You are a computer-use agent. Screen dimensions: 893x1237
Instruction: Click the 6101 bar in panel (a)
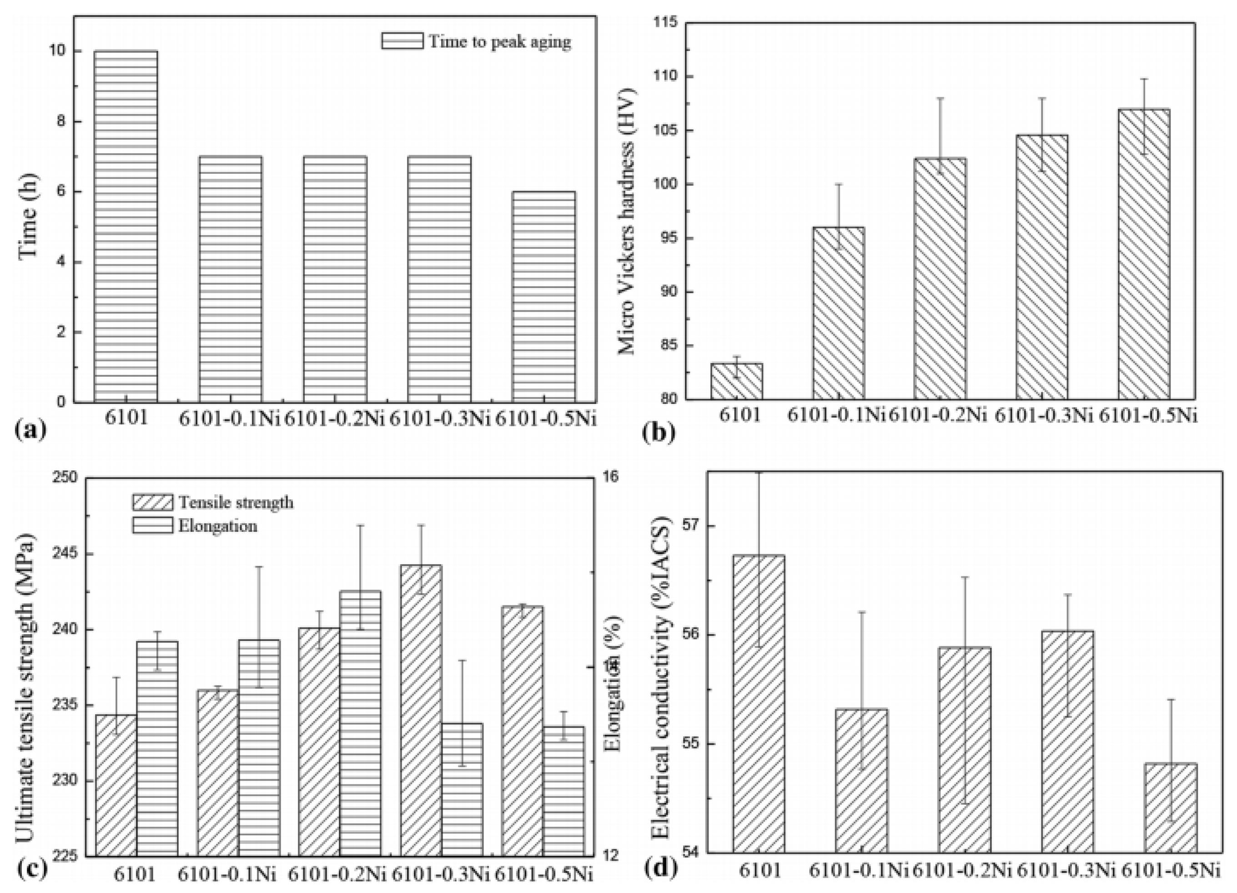pyautogui.click(x=126, y=227)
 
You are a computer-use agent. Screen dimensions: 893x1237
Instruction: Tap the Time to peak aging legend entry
pyautogui.click(x=476, y=42)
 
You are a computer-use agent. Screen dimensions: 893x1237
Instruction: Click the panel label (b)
pyautogui.click(x=659, y=432)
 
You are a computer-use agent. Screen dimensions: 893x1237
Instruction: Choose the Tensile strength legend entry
pyautogui.click(x=213, y=502)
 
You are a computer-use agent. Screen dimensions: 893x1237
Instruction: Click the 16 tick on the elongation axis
pyautogui.click(x=612, y=477)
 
